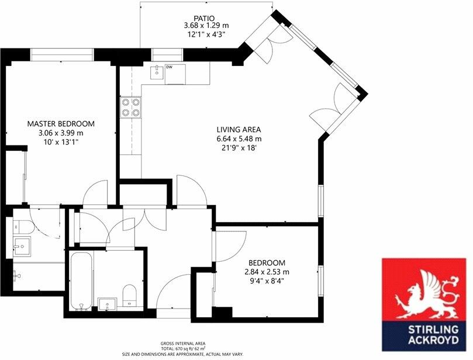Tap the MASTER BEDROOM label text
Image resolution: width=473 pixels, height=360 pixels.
point(61,124)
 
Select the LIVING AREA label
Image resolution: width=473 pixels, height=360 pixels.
point(239,130)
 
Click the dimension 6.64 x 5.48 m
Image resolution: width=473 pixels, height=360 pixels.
point(239,139)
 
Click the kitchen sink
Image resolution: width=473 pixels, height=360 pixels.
point(156,73)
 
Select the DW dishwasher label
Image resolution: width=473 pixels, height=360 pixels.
point(170,67)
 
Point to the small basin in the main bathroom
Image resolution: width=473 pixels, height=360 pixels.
point(107,303)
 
